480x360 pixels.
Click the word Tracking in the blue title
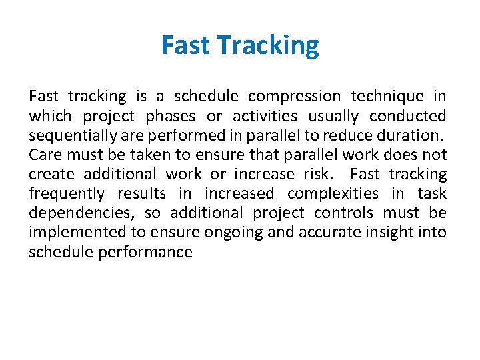pos(268,46)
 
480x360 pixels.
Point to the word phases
pos(171,116)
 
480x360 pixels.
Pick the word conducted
pos(407,116)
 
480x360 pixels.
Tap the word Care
pos(43,155)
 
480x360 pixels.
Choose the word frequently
pos(66,193)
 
